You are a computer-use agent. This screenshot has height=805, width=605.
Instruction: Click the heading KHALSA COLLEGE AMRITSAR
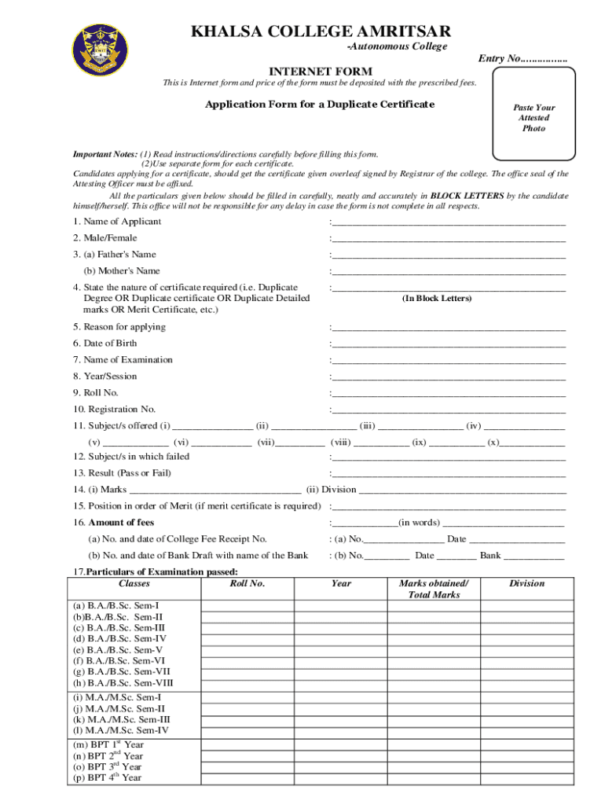[321, 31]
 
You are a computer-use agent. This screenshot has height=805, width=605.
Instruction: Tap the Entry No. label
[522, 59]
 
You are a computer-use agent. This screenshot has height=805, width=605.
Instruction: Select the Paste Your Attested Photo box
[533, 118]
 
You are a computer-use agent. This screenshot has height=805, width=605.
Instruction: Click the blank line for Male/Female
[448, 239]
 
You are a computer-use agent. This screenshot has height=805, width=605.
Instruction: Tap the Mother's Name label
[122, 271]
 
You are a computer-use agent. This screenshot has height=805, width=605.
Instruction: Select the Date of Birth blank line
[448, 344]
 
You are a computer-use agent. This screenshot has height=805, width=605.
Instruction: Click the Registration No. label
[114, 410]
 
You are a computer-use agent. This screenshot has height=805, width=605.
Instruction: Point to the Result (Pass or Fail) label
[122, 473]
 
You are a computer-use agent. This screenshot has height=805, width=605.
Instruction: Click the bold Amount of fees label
[121, 523]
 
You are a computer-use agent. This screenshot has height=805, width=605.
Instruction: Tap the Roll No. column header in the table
[247, 584]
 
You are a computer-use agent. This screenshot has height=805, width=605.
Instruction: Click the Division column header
[526, 584]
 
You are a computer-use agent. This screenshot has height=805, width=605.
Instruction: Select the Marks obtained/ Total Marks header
[433, 590]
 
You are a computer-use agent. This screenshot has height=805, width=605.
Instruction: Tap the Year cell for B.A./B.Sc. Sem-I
[341, 606]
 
